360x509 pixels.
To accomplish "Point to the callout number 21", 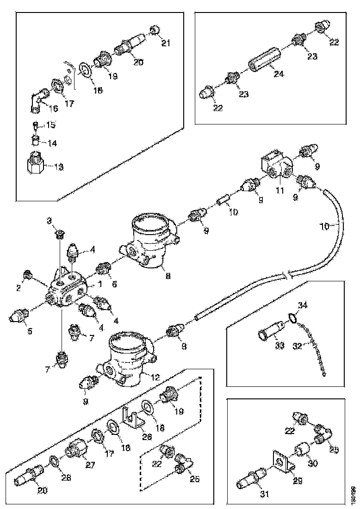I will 166,43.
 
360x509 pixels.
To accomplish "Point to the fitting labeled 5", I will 19,316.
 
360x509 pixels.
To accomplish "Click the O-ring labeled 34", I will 292,317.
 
